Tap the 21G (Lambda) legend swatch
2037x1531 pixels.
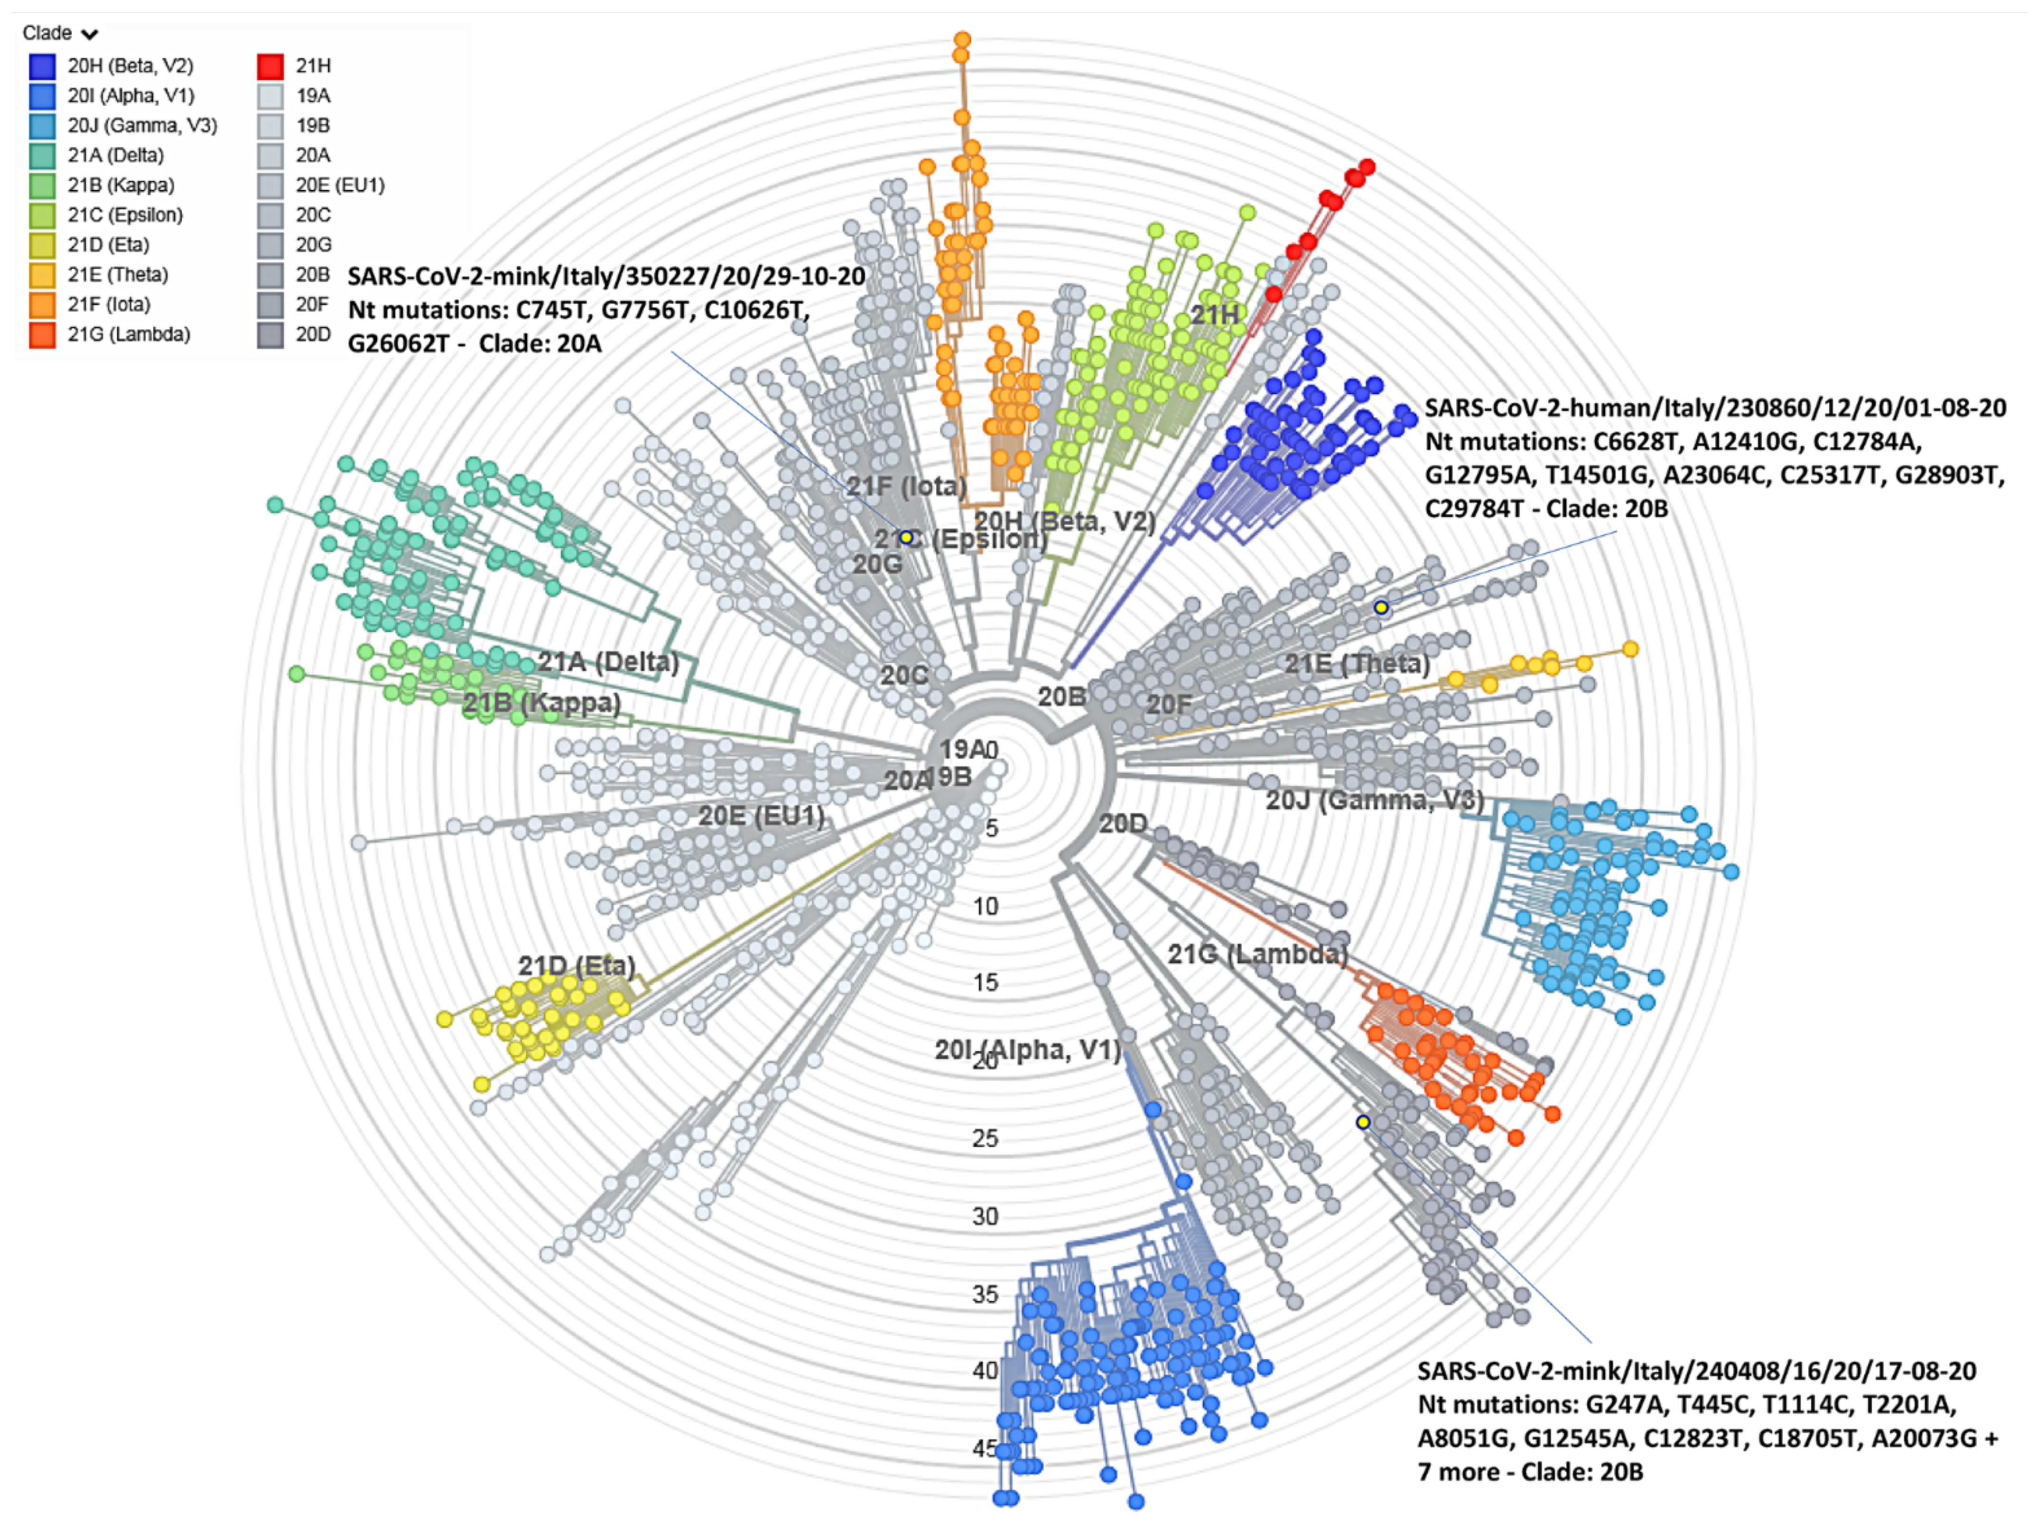pyautogui.click(x=42, y=334)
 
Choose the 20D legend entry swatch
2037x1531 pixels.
pyautogui.click(x=270, y=334)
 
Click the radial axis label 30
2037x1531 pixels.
pyautogui.click(x=985, y=1216)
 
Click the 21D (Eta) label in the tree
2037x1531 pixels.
pyautogui.click(x=577, y=966)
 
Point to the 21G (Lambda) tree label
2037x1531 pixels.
pyautogui.click(x=1257, y=954)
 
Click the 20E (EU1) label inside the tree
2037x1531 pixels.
pyautogui.click(x=761, y=816)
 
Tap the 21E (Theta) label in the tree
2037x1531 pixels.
pyautogui.click(x=1357, y=664)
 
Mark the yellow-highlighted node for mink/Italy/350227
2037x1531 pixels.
pyautogui.click(x=906, y=537)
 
